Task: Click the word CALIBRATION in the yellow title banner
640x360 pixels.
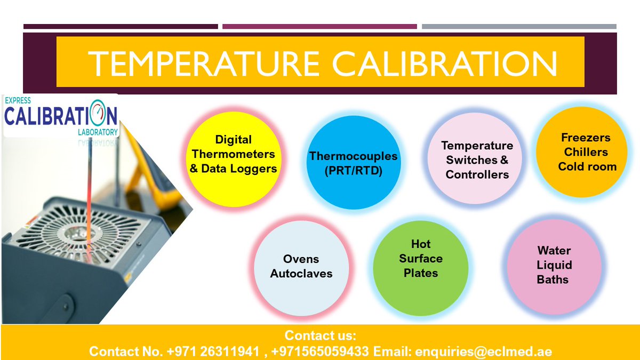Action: point(445,63)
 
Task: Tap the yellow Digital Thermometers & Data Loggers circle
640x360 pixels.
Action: point(234,154)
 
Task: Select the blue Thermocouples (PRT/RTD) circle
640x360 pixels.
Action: point(353,163)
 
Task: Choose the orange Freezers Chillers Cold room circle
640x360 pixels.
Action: point(587,153)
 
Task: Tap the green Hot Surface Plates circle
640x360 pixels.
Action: point(420,259)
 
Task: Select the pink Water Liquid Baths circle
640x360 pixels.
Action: point(554,265)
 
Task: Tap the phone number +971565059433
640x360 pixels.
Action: point(320,351)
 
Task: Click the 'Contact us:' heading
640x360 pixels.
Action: point(320,336)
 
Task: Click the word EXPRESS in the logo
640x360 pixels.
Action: point(18,100)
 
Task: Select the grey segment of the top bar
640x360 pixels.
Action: point(519,26)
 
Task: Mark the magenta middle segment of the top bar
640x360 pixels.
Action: point(319,26)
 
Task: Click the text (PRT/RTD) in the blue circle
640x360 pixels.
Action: point(353,171)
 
